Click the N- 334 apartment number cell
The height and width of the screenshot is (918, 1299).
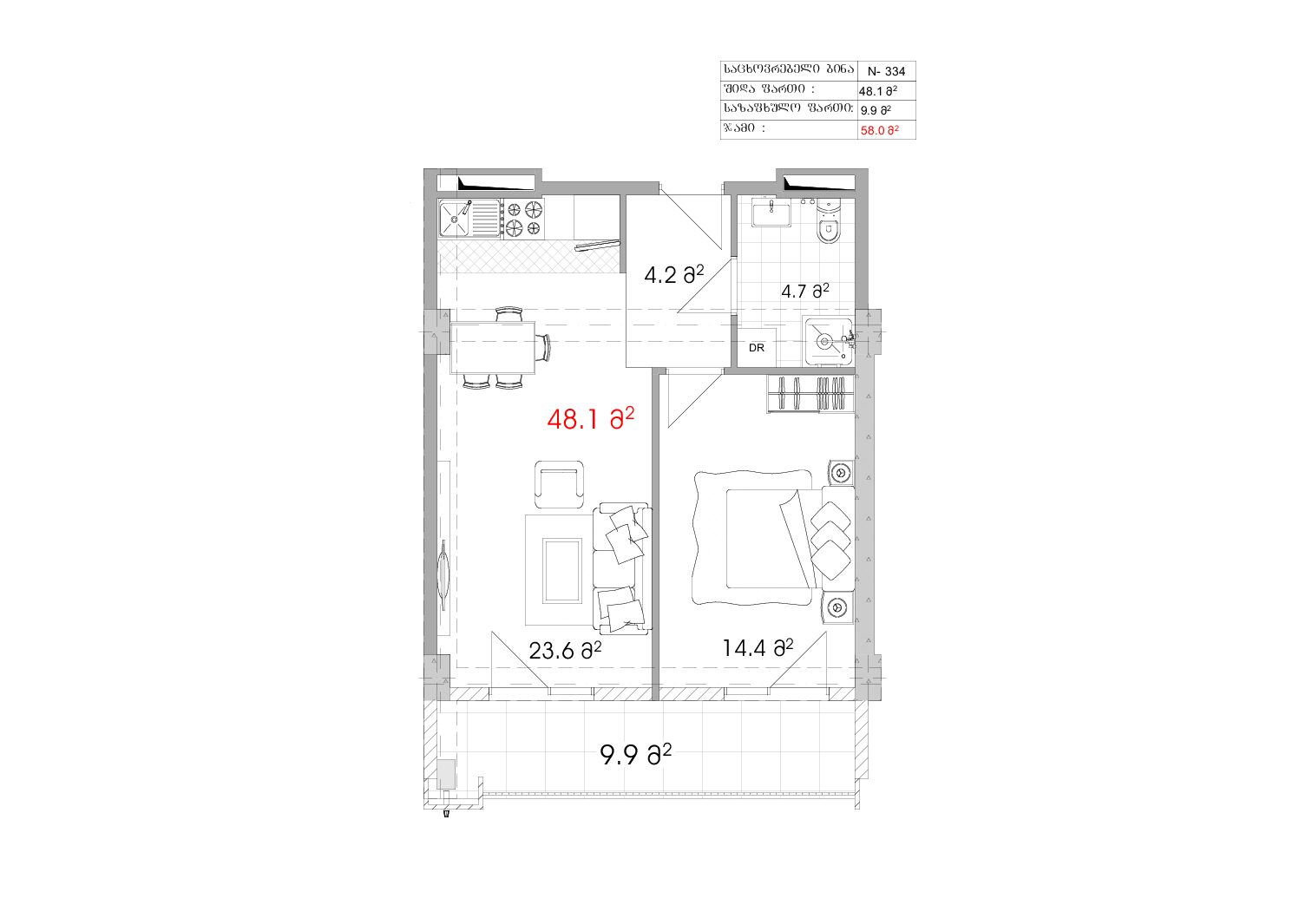click(886, 71)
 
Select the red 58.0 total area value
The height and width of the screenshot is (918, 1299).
click(879, 130)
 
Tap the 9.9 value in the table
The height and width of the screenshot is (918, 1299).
click(876, 110)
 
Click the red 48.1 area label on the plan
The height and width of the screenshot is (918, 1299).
click(590, 419)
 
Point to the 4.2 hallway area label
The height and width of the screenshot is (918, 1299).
click(674, 274)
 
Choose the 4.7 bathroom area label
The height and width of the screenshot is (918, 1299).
click(805, 291)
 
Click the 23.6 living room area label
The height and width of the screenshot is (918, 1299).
click(565, 650)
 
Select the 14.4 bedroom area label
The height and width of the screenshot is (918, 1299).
click(758, 648)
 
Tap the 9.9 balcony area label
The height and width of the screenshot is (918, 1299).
click(635, 755)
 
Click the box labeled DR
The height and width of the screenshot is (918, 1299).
click(756, 348)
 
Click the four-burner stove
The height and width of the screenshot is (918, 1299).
click(524, 220)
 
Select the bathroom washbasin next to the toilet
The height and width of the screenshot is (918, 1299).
click(771, 213)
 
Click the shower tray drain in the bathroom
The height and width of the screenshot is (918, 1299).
click(824, 342)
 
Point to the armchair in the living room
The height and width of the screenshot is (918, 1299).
click(559, 485)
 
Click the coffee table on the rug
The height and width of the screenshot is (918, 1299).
click(561, 571)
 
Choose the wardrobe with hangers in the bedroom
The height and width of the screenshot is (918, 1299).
click(810, 394)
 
